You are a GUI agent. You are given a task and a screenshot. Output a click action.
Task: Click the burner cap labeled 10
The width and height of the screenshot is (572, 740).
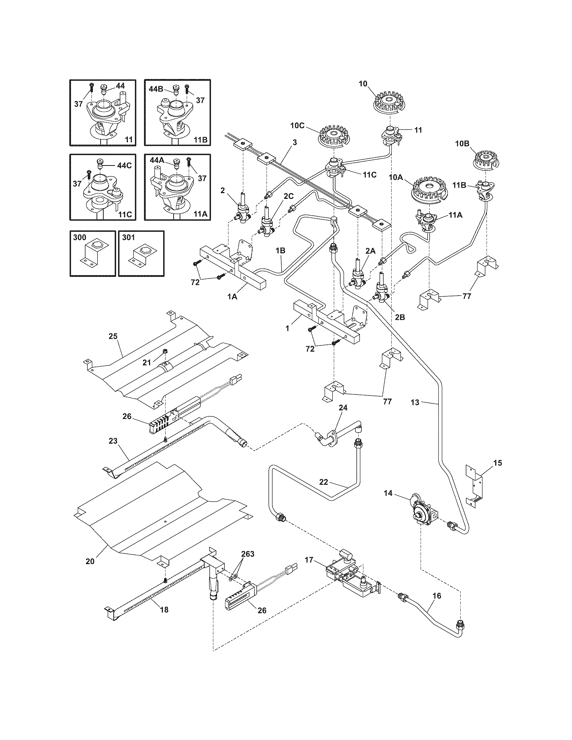(390, 101)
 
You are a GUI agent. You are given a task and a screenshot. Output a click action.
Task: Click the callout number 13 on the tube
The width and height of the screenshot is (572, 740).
(415, 402)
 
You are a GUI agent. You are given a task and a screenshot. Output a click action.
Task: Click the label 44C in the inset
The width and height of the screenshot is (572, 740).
(124, 165)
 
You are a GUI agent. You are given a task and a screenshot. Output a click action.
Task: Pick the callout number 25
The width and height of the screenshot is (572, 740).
(113, 336)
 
